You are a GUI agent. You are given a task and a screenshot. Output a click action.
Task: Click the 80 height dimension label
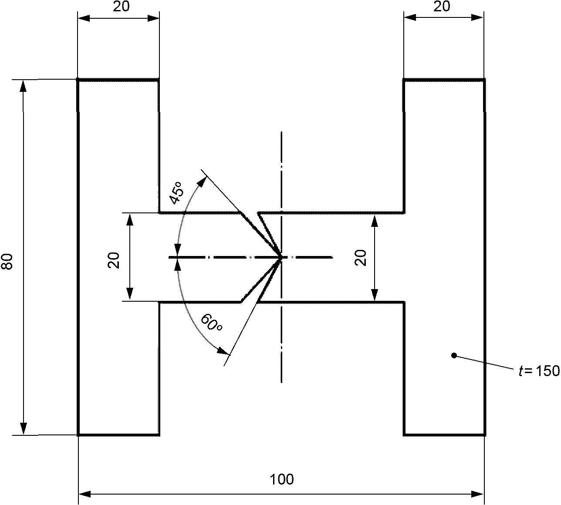(7, 262)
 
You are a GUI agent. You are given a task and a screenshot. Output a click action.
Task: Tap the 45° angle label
(177, 193)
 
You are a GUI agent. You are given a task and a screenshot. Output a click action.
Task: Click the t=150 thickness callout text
(539, 371)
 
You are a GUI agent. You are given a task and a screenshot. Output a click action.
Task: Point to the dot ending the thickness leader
(454, 355)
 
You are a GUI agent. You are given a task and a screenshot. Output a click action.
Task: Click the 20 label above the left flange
(122, 6)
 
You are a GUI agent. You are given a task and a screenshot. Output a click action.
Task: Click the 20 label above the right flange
(442, 6)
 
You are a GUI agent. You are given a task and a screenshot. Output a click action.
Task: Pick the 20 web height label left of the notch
(114, 260)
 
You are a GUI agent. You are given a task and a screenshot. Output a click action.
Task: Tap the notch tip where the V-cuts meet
(281, 258)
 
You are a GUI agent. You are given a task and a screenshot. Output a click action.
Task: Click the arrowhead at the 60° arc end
(224, 351)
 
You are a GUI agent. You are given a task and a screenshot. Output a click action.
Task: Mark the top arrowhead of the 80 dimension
(24, 86)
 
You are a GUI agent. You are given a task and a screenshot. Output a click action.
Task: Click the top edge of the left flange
(118, 80)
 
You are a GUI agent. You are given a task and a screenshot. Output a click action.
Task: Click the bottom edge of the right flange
(445, 435)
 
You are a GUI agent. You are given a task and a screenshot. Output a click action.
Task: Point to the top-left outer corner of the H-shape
(78, 80)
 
